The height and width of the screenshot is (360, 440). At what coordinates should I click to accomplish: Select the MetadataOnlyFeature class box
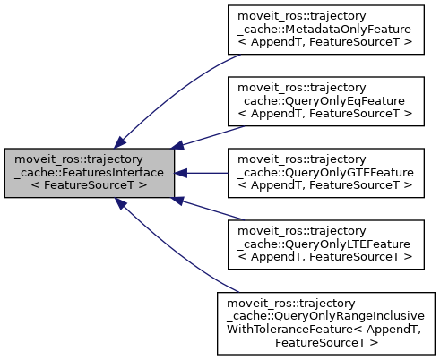click(x=324, y=30)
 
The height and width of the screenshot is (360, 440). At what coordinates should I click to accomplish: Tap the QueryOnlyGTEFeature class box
click(x=324, y=173)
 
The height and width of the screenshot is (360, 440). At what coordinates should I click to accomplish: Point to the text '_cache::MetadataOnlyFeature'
click(x=324, y=30)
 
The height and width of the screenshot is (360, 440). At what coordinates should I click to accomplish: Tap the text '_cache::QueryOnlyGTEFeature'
click(x=324, y=173)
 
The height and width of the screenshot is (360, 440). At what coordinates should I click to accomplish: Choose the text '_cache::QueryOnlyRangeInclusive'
click(x=324, y=316)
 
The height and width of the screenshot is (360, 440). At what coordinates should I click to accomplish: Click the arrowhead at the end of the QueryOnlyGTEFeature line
click(x=180, y=173)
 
